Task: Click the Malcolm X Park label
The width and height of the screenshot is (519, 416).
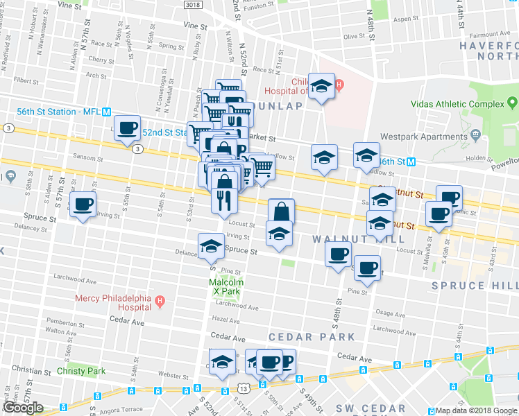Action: [x=224, y=288]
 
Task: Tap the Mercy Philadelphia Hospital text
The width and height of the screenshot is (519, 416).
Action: [x=114, y=302]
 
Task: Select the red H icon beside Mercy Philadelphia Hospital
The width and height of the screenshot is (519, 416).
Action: [x=160, y=302]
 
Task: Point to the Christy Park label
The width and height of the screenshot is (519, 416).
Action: [x=82, y=371]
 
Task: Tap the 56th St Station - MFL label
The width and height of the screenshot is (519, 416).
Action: [x=58, y=112]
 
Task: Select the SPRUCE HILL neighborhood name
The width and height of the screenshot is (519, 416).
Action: [x=475, y=286]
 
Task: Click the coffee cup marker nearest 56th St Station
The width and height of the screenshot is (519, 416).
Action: [x=127, y=128]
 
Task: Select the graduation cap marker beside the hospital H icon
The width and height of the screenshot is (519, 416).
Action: [x=321, y=87]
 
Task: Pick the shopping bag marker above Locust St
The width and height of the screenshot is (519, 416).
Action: [x=282, y=211]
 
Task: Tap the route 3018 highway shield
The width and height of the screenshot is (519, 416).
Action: [x=194, y=4]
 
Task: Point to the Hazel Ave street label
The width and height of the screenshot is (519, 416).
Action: [x=225, y=320]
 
